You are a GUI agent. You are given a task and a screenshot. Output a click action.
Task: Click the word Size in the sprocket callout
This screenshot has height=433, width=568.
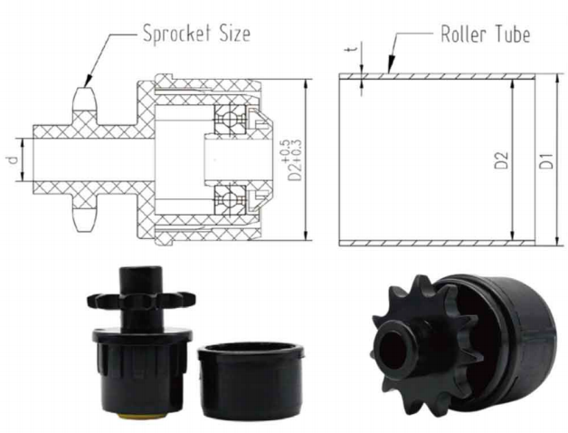click(x=235, y=34)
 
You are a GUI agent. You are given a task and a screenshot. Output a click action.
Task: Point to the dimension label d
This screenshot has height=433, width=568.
click(x=13, y=159)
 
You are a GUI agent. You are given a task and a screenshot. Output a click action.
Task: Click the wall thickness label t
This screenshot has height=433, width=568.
click(x=355, y=48)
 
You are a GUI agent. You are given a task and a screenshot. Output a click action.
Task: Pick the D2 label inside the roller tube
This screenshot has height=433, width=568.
click(x=502, y=160)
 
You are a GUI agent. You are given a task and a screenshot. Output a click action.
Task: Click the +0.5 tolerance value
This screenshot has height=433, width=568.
click(x=286, y=151)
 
